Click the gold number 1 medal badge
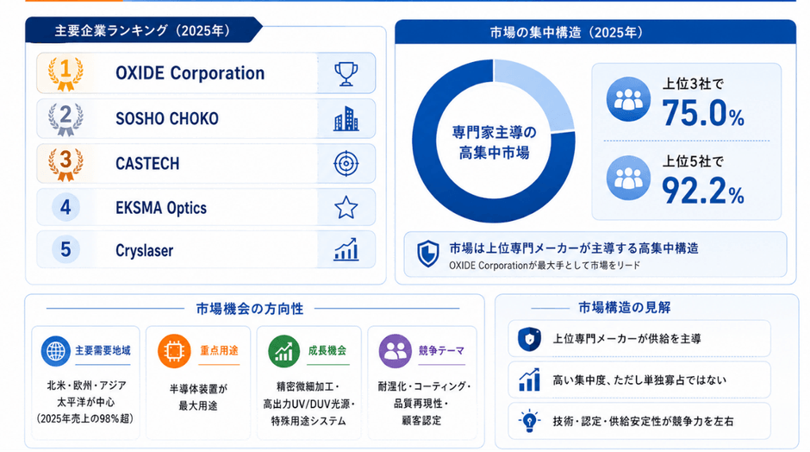click(65, 73)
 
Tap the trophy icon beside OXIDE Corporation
click(346, 73)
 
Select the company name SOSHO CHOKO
click(167, 118)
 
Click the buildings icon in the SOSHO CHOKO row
click(346, 118)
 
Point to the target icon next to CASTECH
click(346, 163)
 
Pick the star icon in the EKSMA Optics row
click(346, 207)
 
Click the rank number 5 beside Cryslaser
click(65, 249)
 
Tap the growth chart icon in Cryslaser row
click(346, 249)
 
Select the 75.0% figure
click(702, 113)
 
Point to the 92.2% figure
click(702, 191)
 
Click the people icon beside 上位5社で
click(628, 178)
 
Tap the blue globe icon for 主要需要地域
click(56, 351)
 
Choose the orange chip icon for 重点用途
click(174, 351)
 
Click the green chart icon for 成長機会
click(283, 351)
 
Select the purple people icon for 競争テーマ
click(396, 351)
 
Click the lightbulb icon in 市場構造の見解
click(529, 421)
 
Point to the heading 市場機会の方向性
click(250, 309)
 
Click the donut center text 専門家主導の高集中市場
click(494, 142)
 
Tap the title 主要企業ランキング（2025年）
click(142, 30)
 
